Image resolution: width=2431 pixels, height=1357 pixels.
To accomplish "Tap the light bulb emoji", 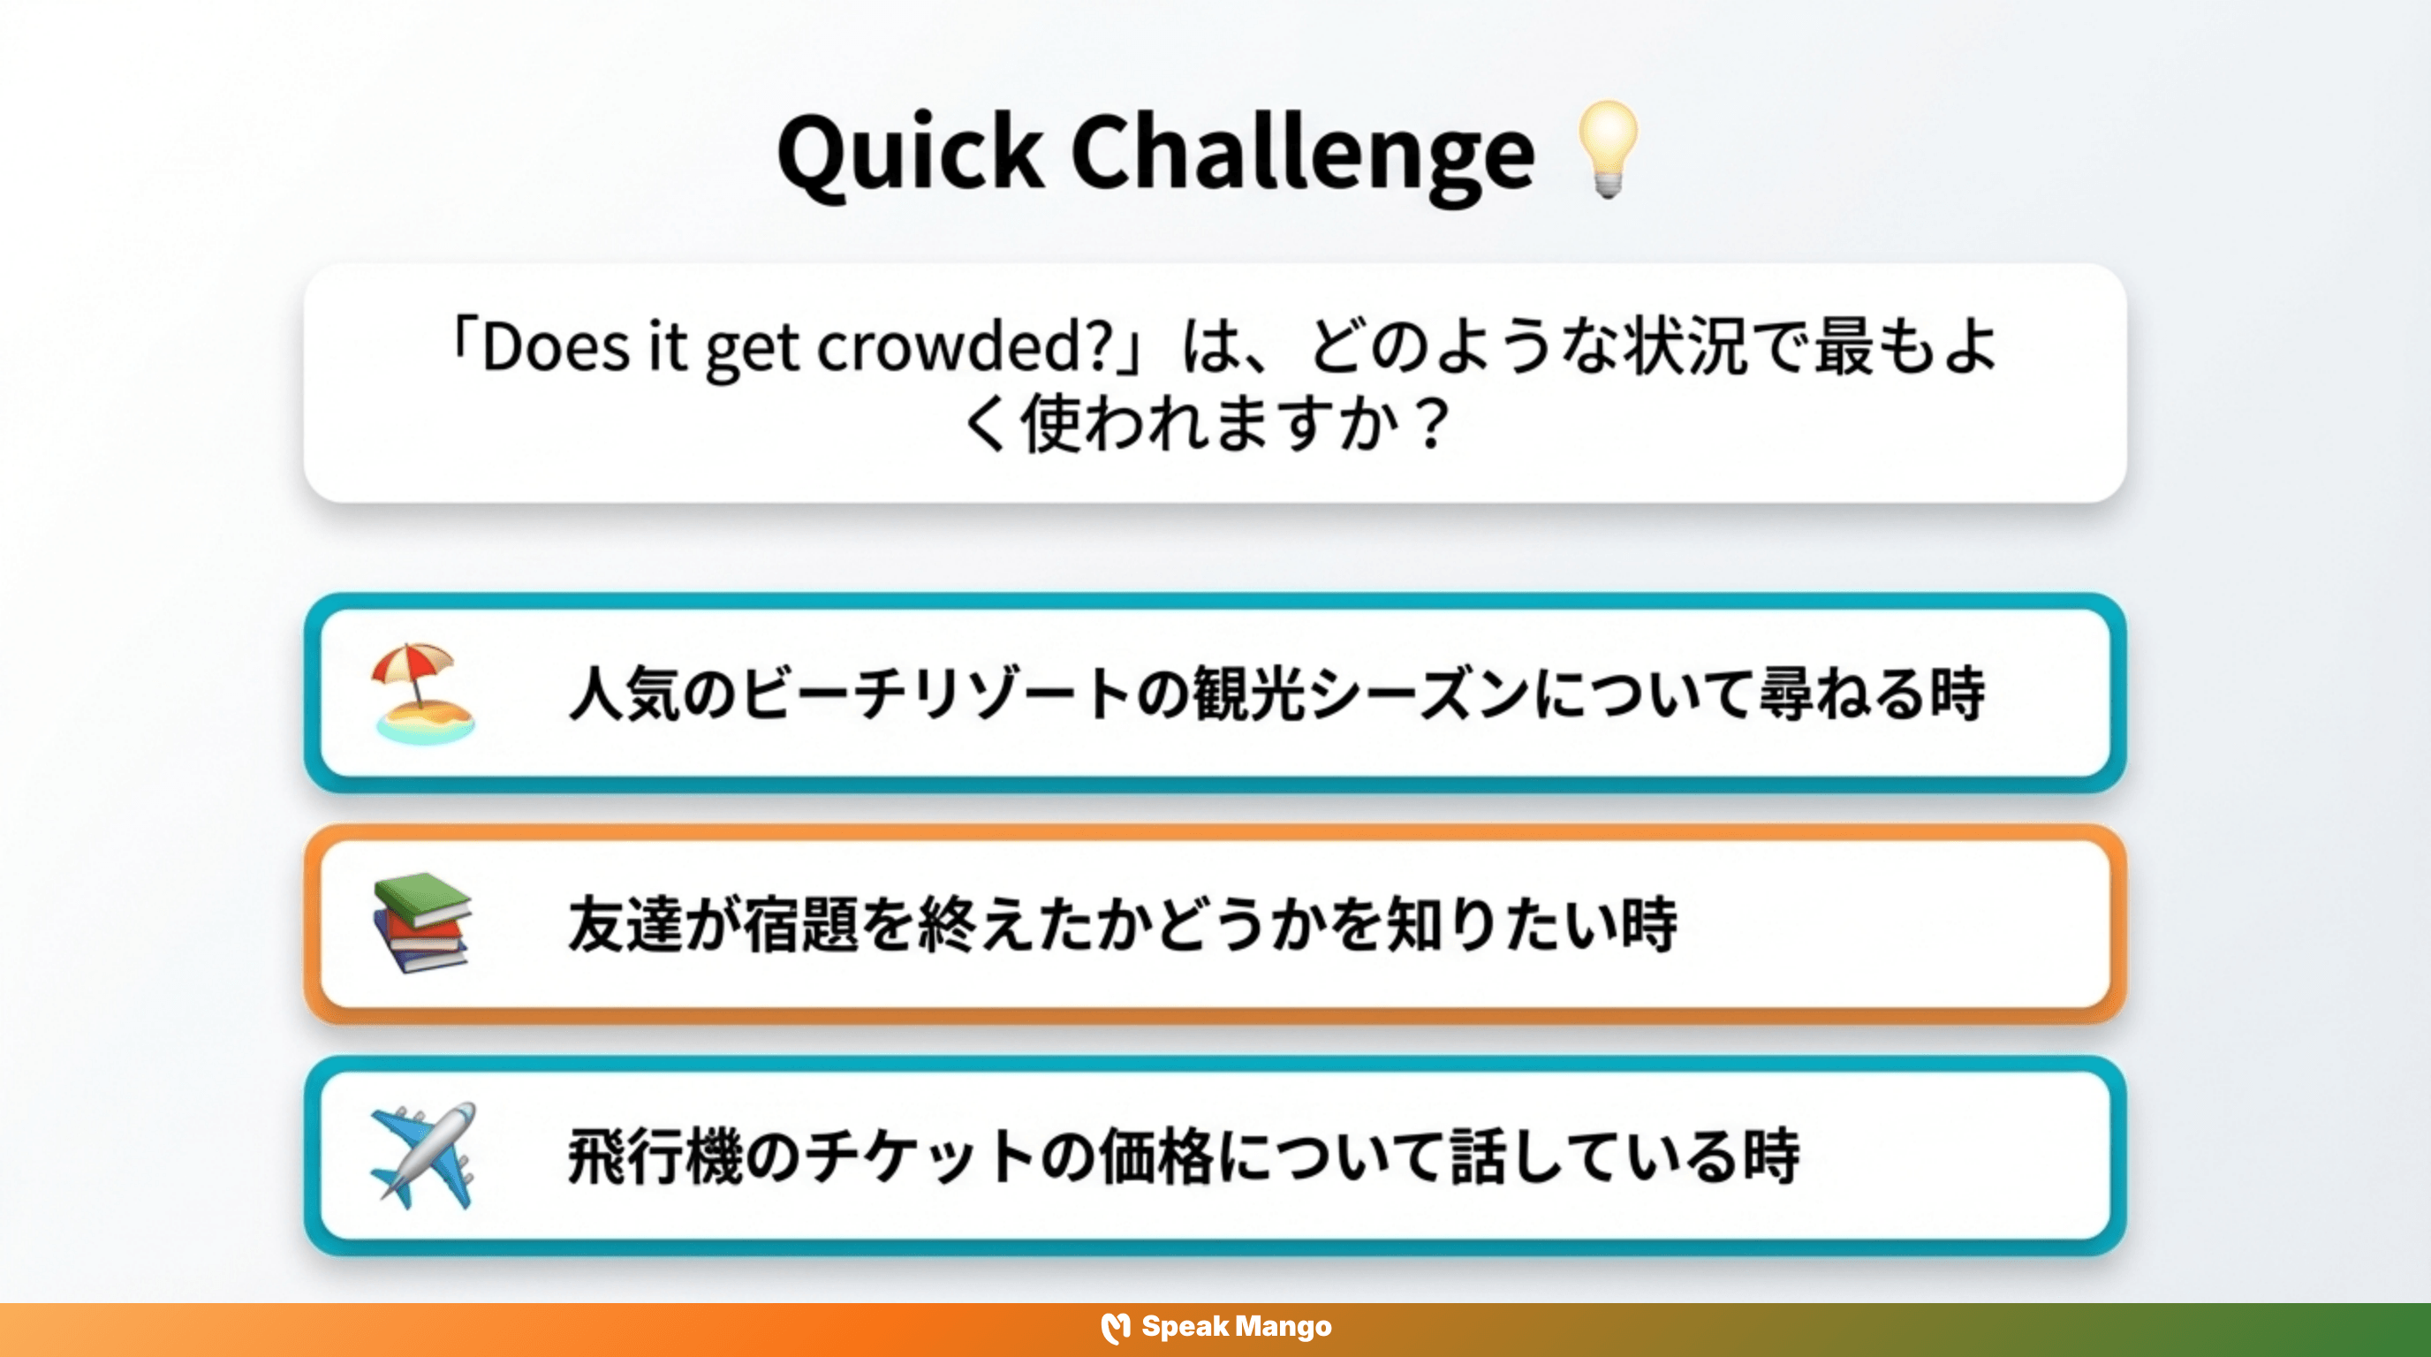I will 1607,149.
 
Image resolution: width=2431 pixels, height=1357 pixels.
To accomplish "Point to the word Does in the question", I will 556,346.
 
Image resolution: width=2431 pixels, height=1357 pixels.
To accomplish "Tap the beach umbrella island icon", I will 422,693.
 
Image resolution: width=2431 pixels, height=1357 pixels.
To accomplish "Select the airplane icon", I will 422,1155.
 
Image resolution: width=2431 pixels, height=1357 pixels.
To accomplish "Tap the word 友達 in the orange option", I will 625,925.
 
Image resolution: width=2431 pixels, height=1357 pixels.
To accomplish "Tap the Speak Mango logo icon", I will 1116,1327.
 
